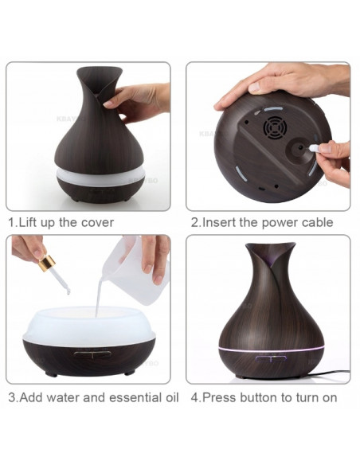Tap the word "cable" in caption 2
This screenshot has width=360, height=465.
(318, 222)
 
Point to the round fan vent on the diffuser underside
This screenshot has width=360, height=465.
(275, 127)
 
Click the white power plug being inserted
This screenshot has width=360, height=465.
(314, 149)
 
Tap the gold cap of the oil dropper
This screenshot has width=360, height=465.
(47, 263)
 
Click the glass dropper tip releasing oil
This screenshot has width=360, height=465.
(68, 291)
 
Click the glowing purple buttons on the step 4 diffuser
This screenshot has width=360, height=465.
(271, 358)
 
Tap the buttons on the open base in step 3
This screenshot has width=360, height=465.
(93, 354)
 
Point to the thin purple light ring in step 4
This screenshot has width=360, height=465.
(271, 350)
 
